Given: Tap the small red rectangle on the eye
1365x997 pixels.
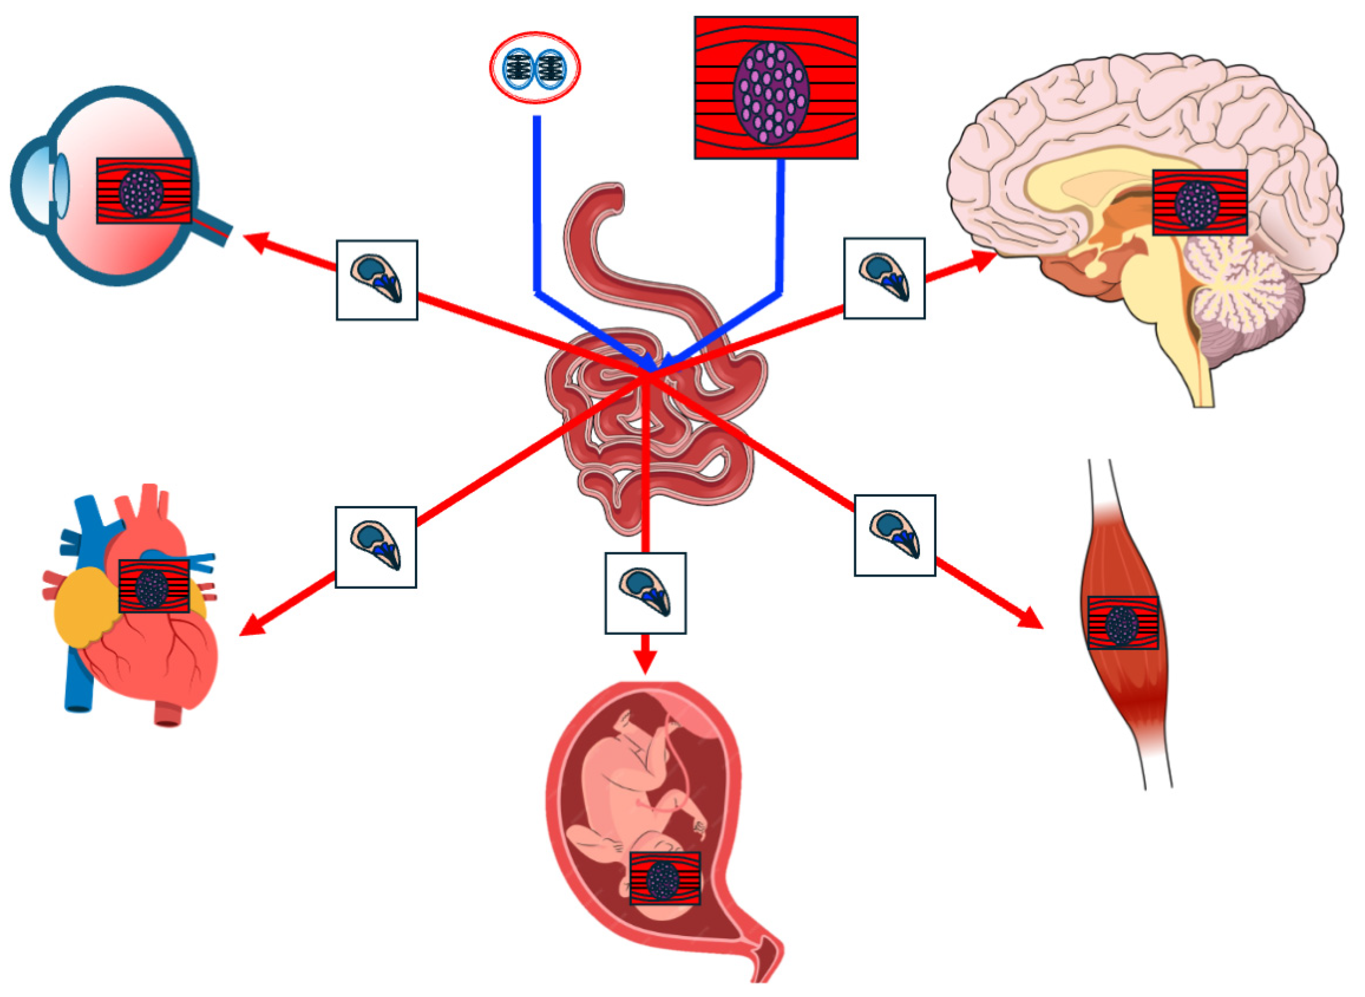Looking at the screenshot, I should pyautogui.click(x=144, y=191).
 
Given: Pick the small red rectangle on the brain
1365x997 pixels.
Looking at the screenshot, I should pyautogui.click(x=1199, y=202).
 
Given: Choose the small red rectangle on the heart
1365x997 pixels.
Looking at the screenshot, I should pyautogui.click(x=154, y=585).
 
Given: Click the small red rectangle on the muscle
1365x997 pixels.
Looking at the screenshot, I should pyautogui.click(x=1123, y=623).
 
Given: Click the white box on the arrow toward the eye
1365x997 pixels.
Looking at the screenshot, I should pyautogui.click(x=376, y=280).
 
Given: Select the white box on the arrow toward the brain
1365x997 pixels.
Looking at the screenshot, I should pyautogui.click(x=883, y=278).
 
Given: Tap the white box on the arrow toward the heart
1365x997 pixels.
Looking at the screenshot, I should pyautogui.click(x=375, y=547).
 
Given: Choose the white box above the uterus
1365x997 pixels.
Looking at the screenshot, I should pyautogui.click(x=645, y=593).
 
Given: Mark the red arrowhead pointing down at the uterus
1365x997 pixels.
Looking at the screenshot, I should pyautogui.click(x=645, y=663).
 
